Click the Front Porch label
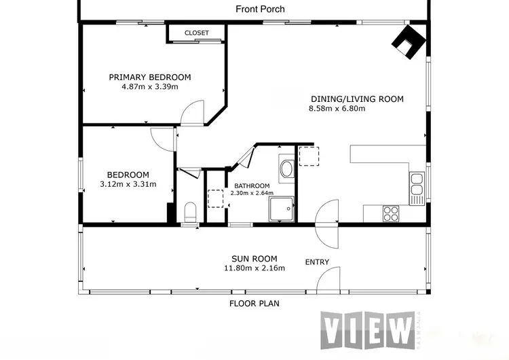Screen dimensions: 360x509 pos(260,10)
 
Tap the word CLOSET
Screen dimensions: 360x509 pos(197,33)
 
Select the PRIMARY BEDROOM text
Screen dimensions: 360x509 pos(150,77)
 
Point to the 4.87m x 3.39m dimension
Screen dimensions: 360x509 pos(150,87)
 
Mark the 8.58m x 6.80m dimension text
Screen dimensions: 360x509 pos(337,109)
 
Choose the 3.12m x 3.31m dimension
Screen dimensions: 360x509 pos(128,184)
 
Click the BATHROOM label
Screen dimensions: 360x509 pos(252,186)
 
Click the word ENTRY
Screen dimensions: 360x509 pos(317,262)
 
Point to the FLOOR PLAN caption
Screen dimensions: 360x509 pos(254,304)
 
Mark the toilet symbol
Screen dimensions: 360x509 pos(191,211)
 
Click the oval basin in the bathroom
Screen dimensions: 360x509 pos(286,168)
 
